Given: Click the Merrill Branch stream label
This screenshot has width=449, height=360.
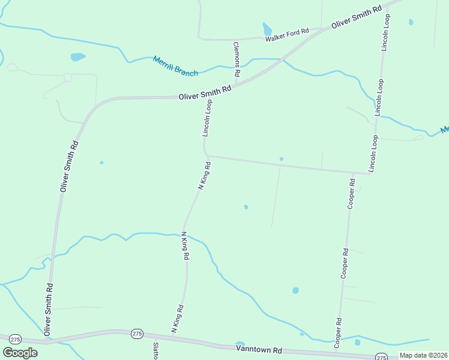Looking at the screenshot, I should point(175,66).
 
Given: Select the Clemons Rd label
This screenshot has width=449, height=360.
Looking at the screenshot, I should point(237,59).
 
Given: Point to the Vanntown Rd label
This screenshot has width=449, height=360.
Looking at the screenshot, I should point(259,349).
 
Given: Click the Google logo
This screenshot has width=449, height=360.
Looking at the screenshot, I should point(20,352).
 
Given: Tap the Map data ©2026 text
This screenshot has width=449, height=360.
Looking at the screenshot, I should point(424,355).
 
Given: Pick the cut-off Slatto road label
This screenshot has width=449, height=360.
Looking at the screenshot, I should point(155,351).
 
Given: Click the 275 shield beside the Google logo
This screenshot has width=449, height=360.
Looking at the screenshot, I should point(16,339).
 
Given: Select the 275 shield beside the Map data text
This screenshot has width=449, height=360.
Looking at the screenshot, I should point(381,357).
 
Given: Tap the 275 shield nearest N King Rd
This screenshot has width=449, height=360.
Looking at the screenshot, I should point(137,334).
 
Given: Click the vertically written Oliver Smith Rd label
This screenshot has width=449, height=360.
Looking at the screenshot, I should point(69,166).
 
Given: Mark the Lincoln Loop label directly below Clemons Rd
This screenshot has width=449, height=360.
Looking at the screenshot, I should point(208,118).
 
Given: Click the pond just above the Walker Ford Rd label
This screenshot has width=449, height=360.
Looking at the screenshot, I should point(267,29).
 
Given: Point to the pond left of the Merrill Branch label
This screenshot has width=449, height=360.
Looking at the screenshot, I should point(78,57).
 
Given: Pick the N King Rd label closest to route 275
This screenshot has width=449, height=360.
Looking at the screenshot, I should point(177,319).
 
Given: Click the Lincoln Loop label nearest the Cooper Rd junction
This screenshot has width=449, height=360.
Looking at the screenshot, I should point(373,154).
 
